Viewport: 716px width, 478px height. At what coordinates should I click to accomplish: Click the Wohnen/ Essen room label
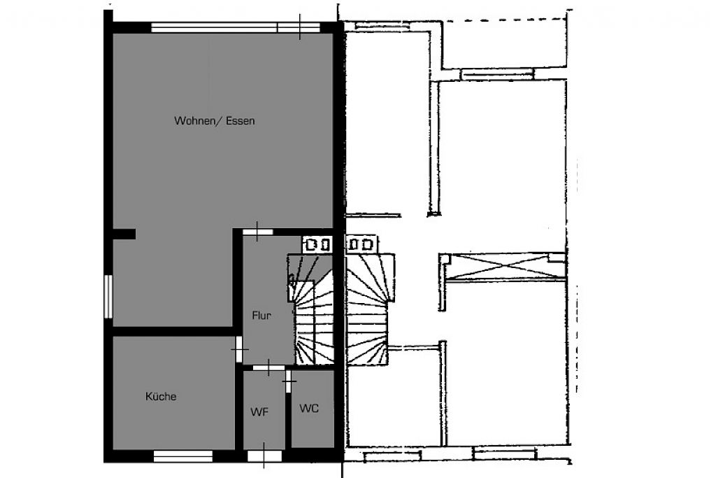[x=214, y=120]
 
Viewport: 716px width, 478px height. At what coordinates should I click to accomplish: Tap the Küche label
[x=161, y=396]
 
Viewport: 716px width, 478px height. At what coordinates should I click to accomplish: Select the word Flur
[x=262, y=316]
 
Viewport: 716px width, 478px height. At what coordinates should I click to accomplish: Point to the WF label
[x=259, y=412]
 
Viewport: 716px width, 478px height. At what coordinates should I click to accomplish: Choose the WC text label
[x=309, y=408]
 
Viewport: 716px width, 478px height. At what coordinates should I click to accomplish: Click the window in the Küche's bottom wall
[x=183, y=456]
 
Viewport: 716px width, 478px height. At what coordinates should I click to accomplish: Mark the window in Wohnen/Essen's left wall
[x=108, y=296]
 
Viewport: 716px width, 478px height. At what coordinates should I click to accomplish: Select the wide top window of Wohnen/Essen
[x=236, y=27]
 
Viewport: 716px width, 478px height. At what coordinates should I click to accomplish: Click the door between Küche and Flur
[x=239, y=349]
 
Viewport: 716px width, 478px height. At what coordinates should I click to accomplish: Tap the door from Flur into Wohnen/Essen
[x=257, y=232]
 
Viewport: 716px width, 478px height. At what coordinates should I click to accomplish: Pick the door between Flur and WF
[x=269, y=367]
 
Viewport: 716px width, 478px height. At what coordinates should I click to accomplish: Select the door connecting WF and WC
[x=288, y=381]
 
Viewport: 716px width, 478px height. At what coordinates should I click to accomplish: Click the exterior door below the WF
[x=264, y=456]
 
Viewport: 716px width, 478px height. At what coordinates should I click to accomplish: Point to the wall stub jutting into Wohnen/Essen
[x=124, y=234]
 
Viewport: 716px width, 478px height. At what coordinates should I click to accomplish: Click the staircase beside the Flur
[x=310, y=309]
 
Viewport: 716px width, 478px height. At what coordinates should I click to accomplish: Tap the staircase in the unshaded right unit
[x=369, y=309]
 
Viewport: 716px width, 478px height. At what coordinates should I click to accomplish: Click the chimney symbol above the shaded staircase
[x=317, y=244]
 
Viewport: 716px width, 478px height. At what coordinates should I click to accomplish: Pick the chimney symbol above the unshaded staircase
[x=361, y=244]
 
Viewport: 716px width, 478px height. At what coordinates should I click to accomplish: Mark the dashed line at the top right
[x=506, y=20]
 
